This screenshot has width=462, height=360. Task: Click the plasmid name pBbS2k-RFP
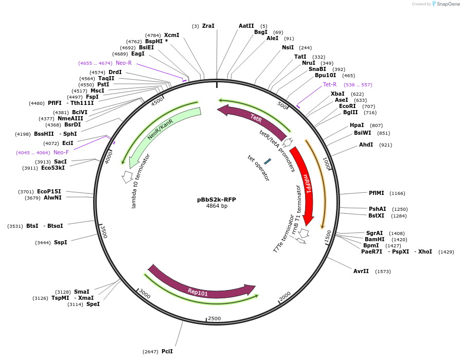tap(217, 200)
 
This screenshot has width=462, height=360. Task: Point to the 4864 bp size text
tap(217, 206)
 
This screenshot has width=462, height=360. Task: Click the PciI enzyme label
tap(167, 351)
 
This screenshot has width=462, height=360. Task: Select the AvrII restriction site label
tap(361, 271)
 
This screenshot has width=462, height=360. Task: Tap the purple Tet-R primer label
tap(330, 84)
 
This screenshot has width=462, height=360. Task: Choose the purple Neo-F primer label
tap(61, 152)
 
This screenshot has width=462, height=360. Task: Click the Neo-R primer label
tap(123, 63)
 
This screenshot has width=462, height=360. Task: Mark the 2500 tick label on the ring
tap(215, 318)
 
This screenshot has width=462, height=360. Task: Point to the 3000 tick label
tap(145, 295)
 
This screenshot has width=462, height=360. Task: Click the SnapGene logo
tap(446, 4)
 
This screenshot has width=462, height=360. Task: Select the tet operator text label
tap(258, 168)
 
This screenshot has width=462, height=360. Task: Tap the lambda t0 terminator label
tap(141, 181)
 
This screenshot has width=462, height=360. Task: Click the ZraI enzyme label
tap(208, 26)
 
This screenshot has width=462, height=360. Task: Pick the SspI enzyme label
tap(61, 242)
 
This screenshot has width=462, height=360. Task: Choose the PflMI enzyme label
tap(377, 193)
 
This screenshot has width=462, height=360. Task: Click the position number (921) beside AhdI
tap(386, 145)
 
